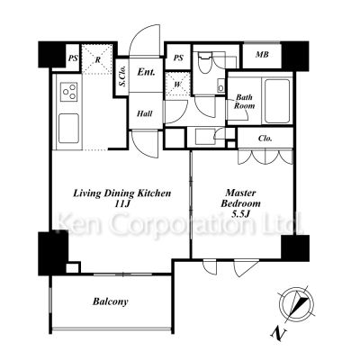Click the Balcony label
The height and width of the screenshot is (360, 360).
click(x=111, y=301)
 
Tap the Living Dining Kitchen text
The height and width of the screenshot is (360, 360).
click(x=122, y=193)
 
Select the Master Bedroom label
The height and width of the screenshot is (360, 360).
click(x=240, y=198)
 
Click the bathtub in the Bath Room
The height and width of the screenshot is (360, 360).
click(x=277, y=101)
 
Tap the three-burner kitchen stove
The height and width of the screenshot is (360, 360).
click(x=69, y=92)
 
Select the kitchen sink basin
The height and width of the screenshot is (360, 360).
click(x=68, y=129)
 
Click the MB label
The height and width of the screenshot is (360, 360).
click(x=262, y=55)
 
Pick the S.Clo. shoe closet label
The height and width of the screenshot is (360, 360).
click(x=122, y=76)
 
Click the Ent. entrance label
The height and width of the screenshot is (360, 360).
click(x=146, y=72)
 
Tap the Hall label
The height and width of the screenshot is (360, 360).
click(x=145, y=113)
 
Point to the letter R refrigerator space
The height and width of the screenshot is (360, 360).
click(x=97, y=59)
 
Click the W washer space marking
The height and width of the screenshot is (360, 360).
click(x=178, y=85)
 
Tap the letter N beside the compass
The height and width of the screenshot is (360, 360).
click(x=279, y=333)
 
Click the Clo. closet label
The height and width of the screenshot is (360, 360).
click(x=265, y=139)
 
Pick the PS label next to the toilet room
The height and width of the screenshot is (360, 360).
click(x=178, y=58)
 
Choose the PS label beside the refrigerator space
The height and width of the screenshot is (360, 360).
click(x=72, y=58)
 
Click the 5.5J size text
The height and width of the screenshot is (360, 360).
click(x=241, y=214)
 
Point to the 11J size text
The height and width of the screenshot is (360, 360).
click(x=122, y=204)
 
